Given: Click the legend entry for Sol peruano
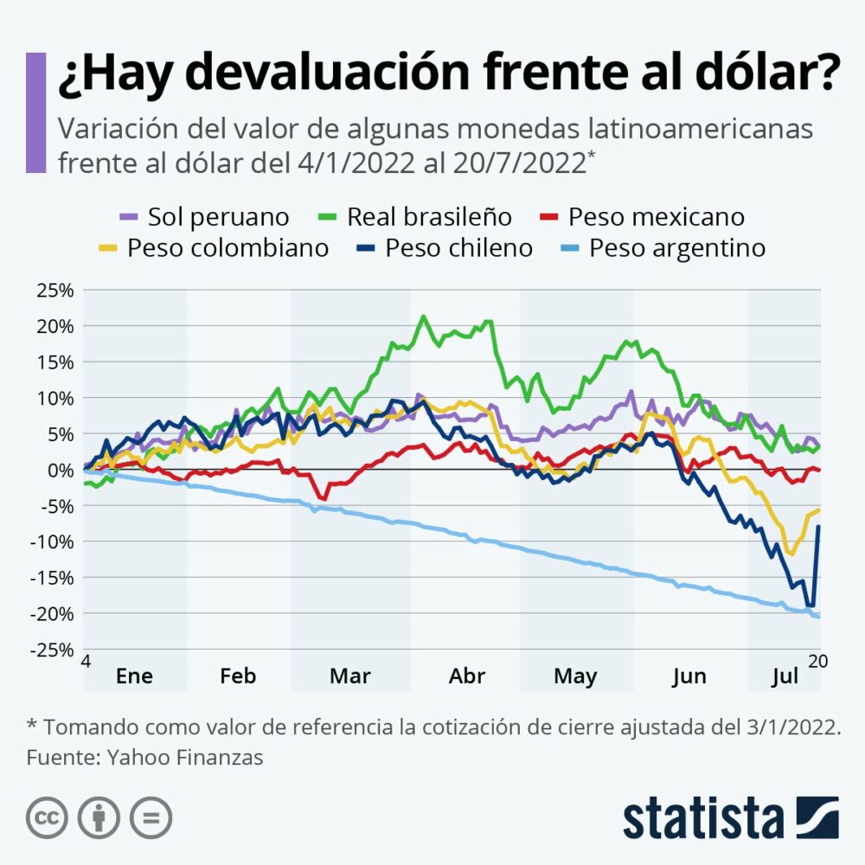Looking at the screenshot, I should click(204, 216).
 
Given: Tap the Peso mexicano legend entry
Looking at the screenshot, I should click(644, 216).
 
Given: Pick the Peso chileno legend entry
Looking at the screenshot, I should click(445, 248).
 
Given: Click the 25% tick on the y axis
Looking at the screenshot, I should click(55, 290).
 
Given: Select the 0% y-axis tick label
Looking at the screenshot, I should click(61, 470).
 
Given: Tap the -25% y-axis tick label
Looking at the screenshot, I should click(53, 650).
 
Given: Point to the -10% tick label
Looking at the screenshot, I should click(53, 541).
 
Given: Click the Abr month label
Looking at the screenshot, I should click(467, 676).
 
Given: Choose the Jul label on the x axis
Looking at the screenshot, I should click(784, 676).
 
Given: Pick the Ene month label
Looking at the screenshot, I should click(134, 676).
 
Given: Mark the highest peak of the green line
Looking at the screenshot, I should click(423, 317).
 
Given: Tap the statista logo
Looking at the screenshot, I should click(730, 817).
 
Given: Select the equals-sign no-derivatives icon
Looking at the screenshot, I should click(151, 817).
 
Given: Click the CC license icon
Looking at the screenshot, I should click(47, 817).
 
